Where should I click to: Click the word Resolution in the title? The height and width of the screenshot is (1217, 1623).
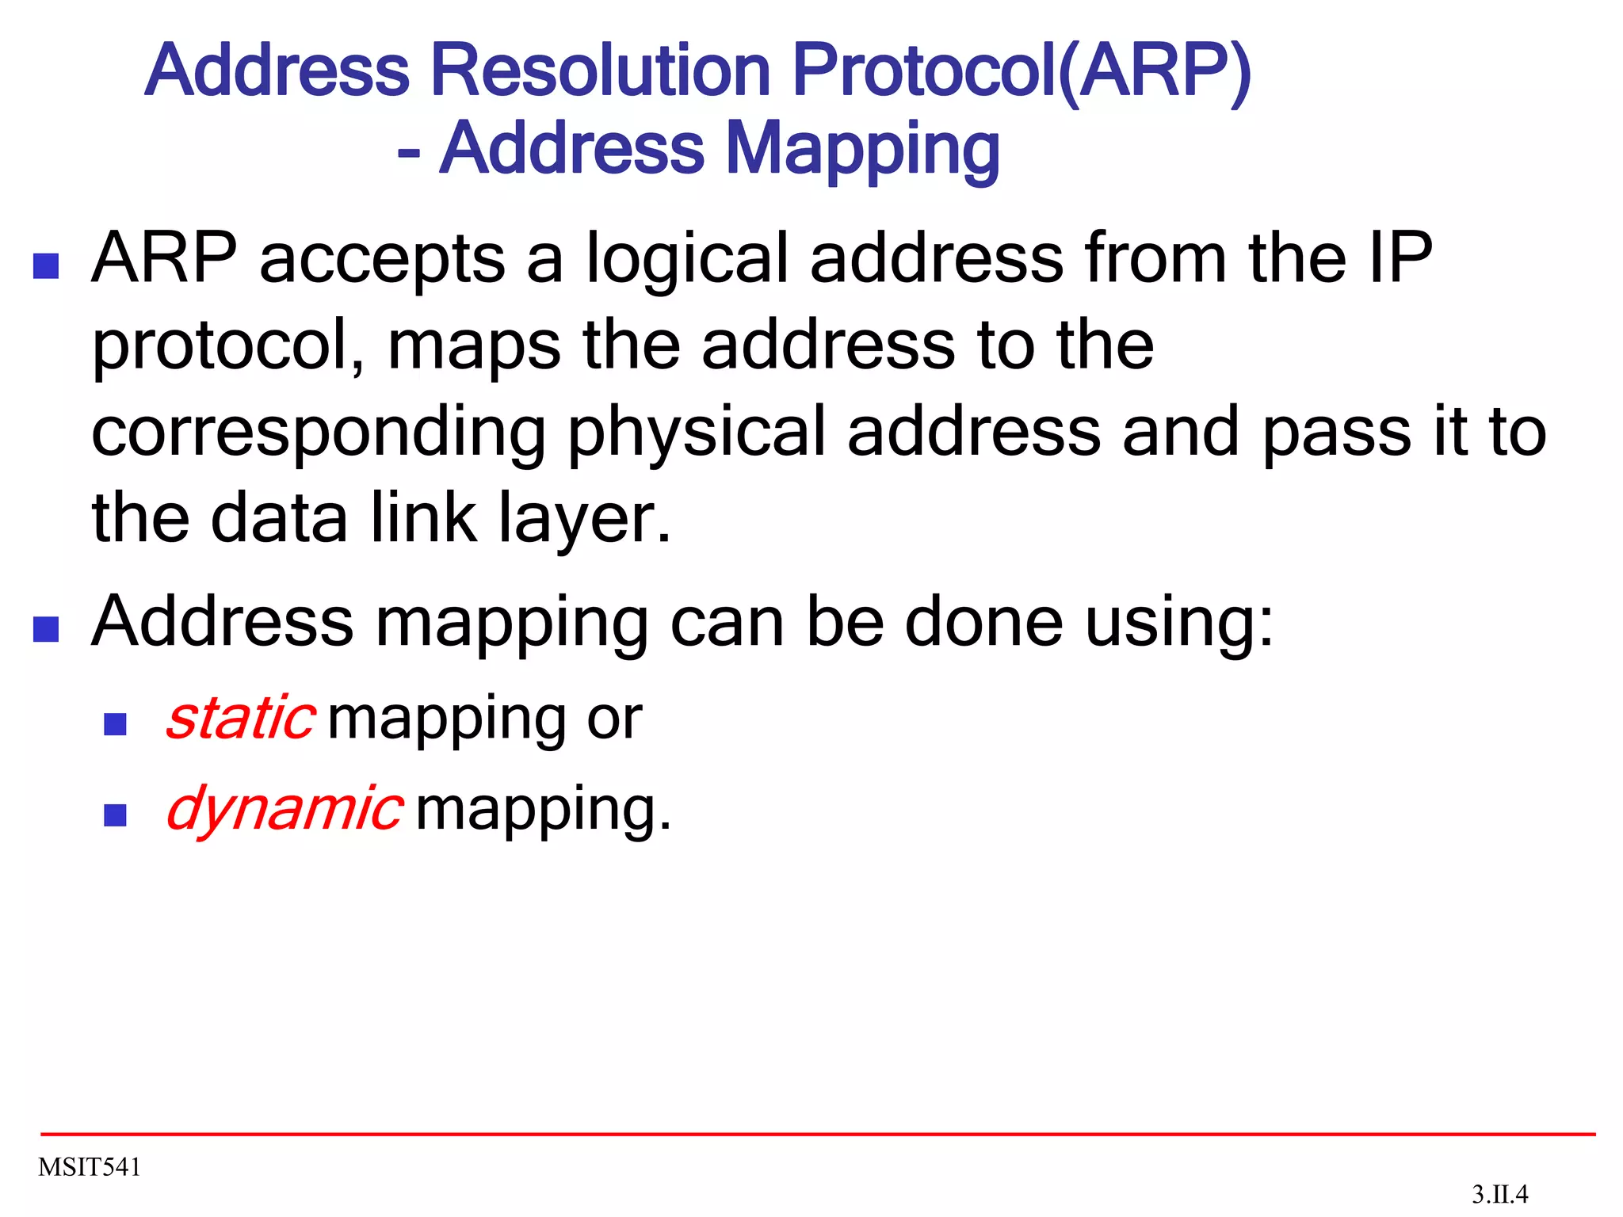(600, 71)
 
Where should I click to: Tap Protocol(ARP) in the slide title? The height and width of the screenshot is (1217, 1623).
(1022, 71)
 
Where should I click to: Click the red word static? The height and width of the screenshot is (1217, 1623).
(241, 718)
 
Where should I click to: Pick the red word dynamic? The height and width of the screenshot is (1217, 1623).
(285, 808)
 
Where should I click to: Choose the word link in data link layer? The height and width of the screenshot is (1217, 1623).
(424, 518)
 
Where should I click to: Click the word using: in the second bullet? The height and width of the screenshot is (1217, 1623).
(1179, 623)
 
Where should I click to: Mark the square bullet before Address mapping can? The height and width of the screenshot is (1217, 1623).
(46, 629)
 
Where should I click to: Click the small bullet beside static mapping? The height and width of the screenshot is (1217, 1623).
(116, 724)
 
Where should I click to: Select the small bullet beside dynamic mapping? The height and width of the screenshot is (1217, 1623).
(116, 815)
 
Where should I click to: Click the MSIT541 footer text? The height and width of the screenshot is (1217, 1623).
(90, 1167)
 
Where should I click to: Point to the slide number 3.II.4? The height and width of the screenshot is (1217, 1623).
(1499, 1194)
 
